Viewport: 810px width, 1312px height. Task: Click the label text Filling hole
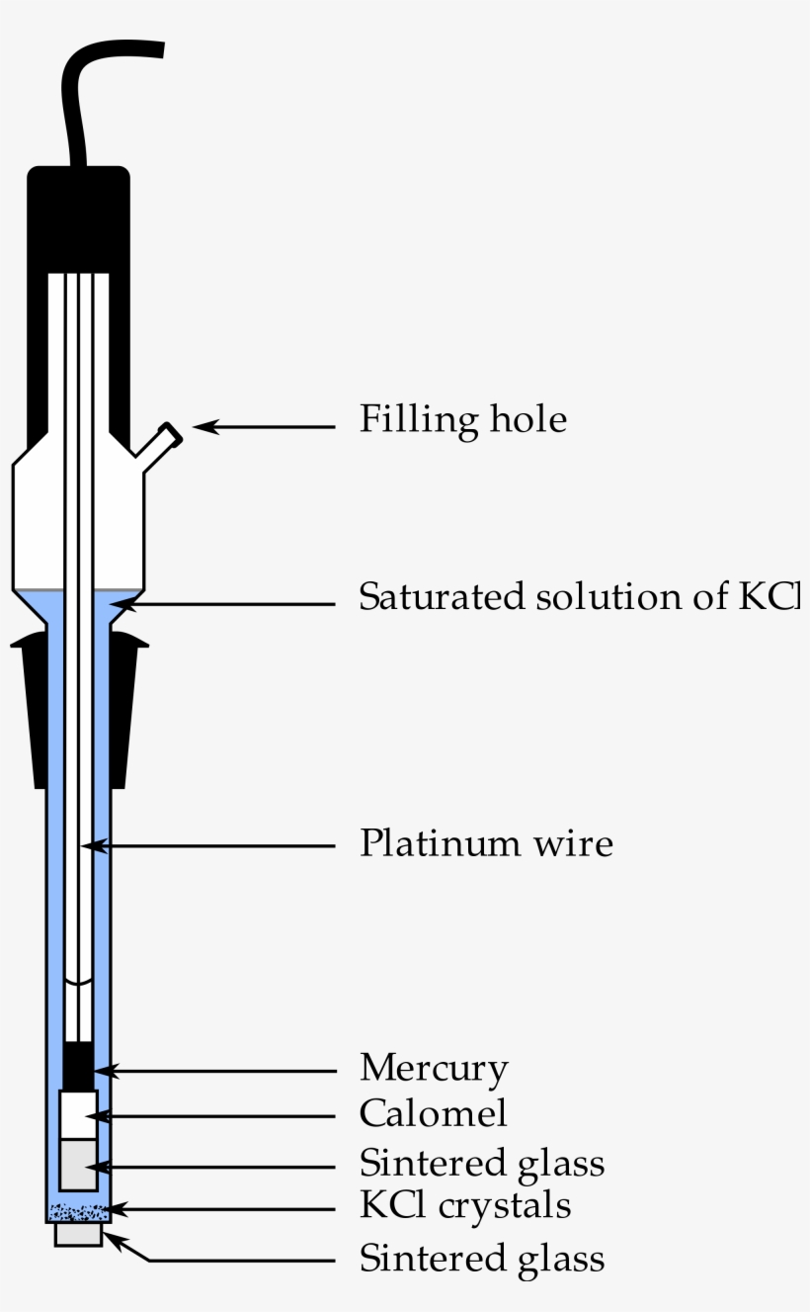pos(462,420)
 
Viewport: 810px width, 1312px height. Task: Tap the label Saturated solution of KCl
pos(579,598)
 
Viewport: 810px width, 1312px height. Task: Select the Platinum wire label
pos(485,844)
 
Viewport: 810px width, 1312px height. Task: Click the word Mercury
pos(434,1069)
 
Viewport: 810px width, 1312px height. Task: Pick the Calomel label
pos(433,1114)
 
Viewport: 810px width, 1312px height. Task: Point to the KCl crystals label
pos(464,1206)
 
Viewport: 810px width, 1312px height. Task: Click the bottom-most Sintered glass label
pos(481,1260)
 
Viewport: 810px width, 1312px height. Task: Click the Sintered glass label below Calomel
pos(481,1163)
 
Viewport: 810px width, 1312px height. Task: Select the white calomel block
pos(78,1114)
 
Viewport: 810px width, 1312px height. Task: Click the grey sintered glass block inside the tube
pos(78,1164)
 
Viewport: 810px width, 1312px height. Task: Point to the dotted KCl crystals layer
pos(78,1211)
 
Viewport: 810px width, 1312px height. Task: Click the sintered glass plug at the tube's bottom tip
pos(78,1234)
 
